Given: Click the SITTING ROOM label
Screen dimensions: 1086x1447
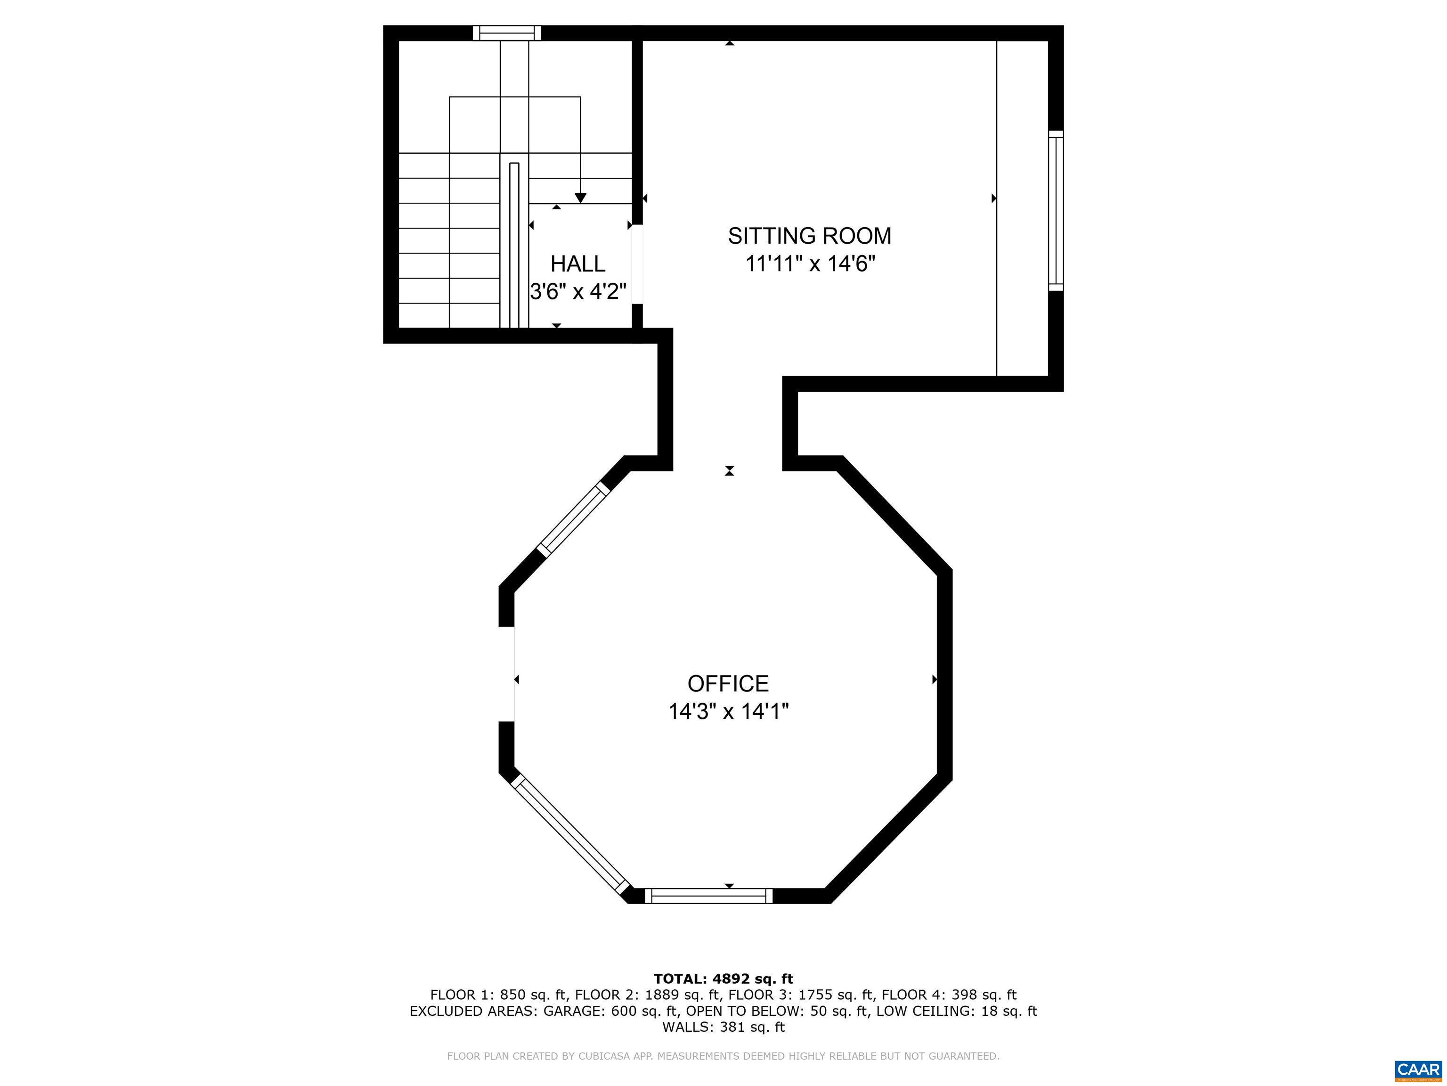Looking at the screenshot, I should pyautogui.click(x=809, y=236).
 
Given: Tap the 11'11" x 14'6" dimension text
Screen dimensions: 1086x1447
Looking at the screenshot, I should pyautogui.click(x=810, y=264).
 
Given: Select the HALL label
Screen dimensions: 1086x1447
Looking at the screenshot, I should pyautogui.click(x=577, y=264).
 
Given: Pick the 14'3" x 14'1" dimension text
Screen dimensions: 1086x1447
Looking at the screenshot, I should pyautogui.click(x=728, y=712).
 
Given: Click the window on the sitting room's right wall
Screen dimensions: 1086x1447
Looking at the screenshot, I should pyautogui.click(x=1055, y=210).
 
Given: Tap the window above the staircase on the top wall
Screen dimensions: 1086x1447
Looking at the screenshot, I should pyautogui.click(x=507, y=33).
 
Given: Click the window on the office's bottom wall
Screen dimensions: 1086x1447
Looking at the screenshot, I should pyautogui.click(x=708, y=896).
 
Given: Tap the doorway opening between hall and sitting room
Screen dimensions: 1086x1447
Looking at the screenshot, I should pyautogui.click(x=637, y=264).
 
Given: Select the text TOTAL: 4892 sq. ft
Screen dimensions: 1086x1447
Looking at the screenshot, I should pyautogui.click(x=723, y=979).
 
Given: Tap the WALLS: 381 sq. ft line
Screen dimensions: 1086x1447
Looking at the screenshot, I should pyautogui.click(x=723, y=1027).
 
